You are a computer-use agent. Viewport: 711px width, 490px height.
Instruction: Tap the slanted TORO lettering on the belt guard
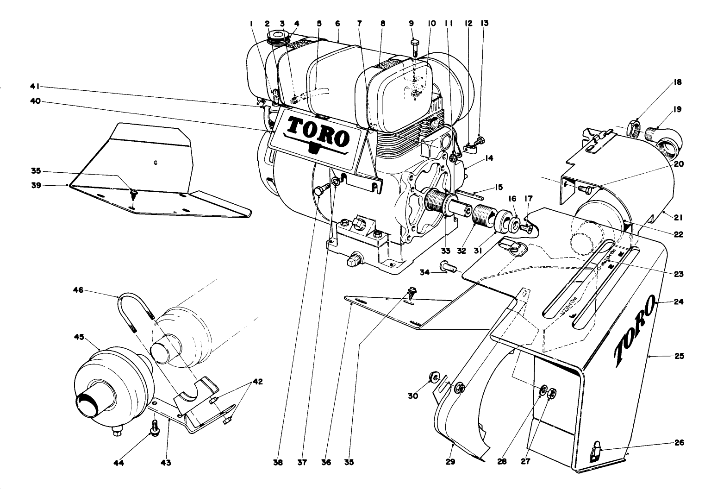click(x=634, y=328)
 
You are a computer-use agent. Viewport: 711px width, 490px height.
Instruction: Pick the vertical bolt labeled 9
click(x=415, y=49)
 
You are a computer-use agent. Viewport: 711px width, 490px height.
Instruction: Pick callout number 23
click(x=679, y=274)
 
